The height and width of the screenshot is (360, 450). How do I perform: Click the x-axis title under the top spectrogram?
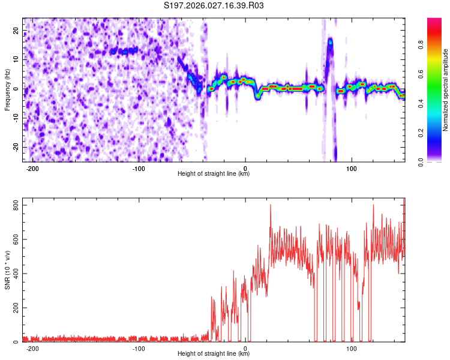[x=214, y=174]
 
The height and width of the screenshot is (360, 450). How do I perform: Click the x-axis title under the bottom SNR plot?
[x=214, y=354]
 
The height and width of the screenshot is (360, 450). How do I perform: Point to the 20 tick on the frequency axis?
[x=17, y=31]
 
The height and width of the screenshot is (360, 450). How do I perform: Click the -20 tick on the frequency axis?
[x=16, y=148]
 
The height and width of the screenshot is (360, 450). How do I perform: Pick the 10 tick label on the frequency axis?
[x=17, y=60]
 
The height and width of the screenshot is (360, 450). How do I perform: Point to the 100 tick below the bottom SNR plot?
[x=352, y=348]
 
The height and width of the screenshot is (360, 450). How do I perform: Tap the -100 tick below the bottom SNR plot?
[x=139, y=348]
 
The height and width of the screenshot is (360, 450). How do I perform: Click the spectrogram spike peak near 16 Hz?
[x=330, y=43]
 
